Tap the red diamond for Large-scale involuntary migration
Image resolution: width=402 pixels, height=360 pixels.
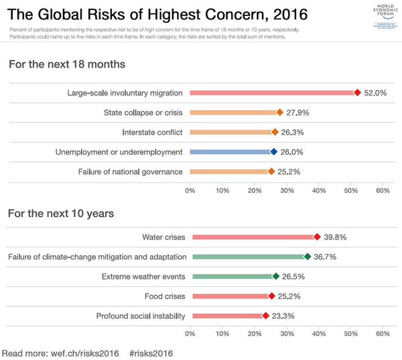[357, 93]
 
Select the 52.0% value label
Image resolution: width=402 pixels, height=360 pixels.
[376, 93]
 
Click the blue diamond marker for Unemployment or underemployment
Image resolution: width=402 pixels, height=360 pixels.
[273, 152]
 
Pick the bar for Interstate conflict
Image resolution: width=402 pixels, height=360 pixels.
[231, 132]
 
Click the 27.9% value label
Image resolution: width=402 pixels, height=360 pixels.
[299, 113]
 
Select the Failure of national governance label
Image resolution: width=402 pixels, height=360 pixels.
[131, 172]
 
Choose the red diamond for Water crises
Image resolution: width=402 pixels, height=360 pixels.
[317, 237]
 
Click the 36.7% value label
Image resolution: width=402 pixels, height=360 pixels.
[327, 256]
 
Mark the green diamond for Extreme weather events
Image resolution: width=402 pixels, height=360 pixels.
[275, 276]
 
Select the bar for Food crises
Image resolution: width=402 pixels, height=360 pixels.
[230, 296]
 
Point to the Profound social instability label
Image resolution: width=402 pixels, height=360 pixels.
[140, 316]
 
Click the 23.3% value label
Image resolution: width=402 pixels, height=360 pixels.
[283, 316]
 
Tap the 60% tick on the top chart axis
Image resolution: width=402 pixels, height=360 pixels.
[383, 191]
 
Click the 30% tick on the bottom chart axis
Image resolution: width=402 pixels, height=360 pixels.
[286, 333]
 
